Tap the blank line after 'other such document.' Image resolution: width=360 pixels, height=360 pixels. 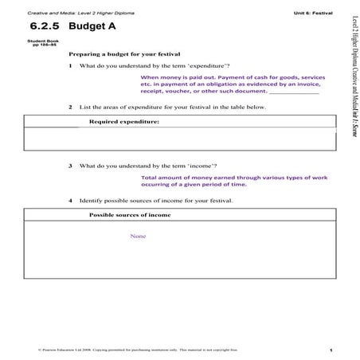(x=300, y=92)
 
